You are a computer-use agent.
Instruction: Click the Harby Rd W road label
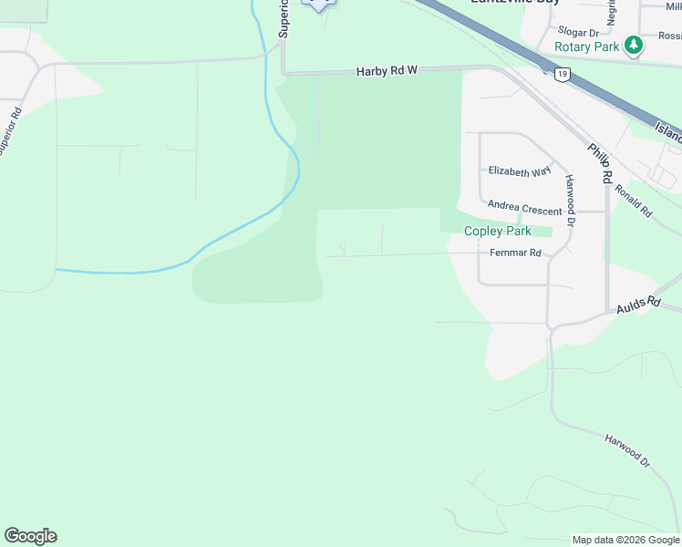pyautogui.click(x=386, y=70)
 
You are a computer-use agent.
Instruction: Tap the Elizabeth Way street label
pyautogui.click(x=520, y=170)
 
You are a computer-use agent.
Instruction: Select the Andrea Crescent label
pyautogui.click(x=524, y=209)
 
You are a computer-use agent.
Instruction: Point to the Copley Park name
pyautogui.click(x=498, y=232)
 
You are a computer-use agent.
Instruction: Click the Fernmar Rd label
pyautogui.click(x=515, y=253)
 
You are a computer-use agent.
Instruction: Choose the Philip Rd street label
pyautogui.click(x=599, y=163)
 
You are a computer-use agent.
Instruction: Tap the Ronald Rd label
pyautogui.click(x=633, y=201)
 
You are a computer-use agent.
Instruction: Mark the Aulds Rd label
pyautogui.click(x=637, y=304)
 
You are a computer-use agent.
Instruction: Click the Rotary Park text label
pyautogui.click(x=587, y=46)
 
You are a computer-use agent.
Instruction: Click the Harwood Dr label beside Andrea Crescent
pyautogui.click(x=570, y=200)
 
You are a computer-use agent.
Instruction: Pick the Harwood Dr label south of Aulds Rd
pyautogui.click(x=626, y=451)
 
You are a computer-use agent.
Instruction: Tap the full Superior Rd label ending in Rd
pyautogui.click(x=10, y=133)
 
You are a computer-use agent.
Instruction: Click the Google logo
pyautogui.click(x=30, y=536)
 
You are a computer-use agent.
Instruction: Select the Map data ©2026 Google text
pyautogui.click(x=625, y=540)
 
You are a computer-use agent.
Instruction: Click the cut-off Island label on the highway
pyautogui.click(x=668, y=133)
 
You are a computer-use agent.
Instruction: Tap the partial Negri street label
pyautogui.click(x=611, y=12)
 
